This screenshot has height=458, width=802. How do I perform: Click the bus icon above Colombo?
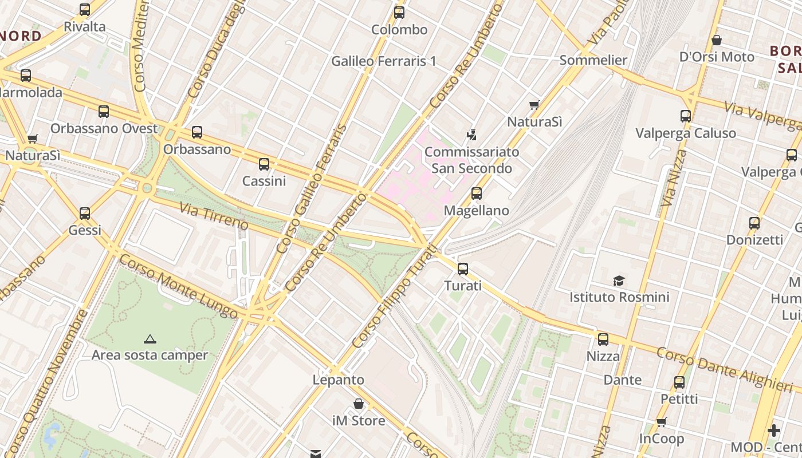coord(399,13)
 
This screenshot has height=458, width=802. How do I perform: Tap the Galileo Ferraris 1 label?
coord(384,61)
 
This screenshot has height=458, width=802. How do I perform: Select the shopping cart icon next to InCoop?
coord(662,423)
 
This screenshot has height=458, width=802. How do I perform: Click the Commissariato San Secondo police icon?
coord(471,135)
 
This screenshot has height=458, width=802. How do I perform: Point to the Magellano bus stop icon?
coord(476,194)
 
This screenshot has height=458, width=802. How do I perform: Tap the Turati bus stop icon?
coord(462,269)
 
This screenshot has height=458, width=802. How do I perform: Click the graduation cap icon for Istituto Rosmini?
coord(619,281)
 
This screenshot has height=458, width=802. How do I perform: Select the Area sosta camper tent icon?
coord(150,339)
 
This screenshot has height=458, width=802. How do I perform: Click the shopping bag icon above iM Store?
coord(359,404)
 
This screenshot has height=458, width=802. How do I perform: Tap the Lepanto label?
coord(338,380)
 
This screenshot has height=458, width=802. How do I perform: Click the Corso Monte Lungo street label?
coord(178,287)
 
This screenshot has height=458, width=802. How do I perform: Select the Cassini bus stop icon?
coord(264,164)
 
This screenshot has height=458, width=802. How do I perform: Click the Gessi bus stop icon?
coord(85,214)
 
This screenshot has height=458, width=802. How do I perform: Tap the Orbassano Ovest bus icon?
coord(104,112)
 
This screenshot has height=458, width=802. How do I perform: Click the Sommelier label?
coord(593,60)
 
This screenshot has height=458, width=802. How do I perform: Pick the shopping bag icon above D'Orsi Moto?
coord(716,40)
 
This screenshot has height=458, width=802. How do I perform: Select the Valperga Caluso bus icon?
coord(685,116)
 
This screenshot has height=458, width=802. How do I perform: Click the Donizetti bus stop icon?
coord(754,223)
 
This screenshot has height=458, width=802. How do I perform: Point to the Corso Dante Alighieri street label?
coord(724,369)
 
